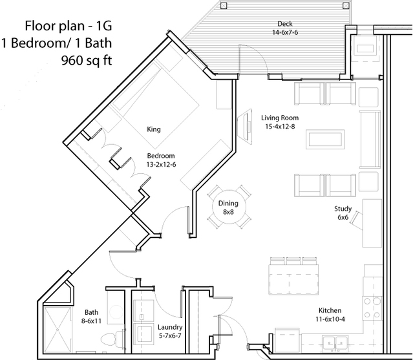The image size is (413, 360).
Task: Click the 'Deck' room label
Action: [x=285, y=24]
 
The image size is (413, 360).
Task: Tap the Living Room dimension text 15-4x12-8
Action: [x=280, y=127]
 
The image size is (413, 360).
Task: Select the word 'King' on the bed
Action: [x=154, y=129]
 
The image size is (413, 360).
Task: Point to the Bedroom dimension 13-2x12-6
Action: [x=161, y=165]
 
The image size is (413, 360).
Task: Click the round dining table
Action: [x=229, y=207]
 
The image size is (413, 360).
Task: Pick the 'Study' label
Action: [x=343, y=209]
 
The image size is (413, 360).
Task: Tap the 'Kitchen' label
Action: [x=330, y=310]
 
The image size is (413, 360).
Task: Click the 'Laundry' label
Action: [x=170, y=327]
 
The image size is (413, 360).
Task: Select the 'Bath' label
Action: [x=91, y=312]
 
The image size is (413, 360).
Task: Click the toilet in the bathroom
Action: [x=112, y=338]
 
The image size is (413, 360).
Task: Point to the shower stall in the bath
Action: [x=58, y=330]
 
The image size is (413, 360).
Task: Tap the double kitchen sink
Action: [x=335, y=343]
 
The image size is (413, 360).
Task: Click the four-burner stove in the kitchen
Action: [x=372, y=308]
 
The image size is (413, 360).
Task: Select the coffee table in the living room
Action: [x=325, y=139]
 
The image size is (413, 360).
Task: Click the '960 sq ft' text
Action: [x=87, y=61]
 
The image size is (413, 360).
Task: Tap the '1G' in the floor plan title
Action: [x=104, y=26]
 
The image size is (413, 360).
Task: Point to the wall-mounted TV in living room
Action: [x=245, y=126]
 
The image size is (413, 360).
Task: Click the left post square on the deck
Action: [x=224, y=6]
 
